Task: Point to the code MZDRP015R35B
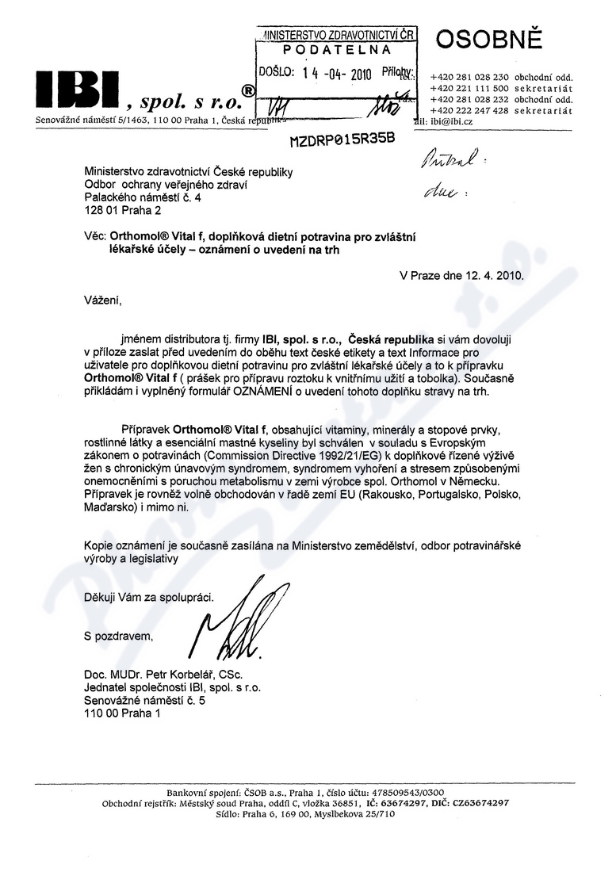(342, 140)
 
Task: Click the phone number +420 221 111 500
(470, 89)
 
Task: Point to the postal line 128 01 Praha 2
(122, 212)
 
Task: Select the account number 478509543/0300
(410, 792)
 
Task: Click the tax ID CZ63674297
(480, 803)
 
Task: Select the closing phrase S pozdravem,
(118, 635)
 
